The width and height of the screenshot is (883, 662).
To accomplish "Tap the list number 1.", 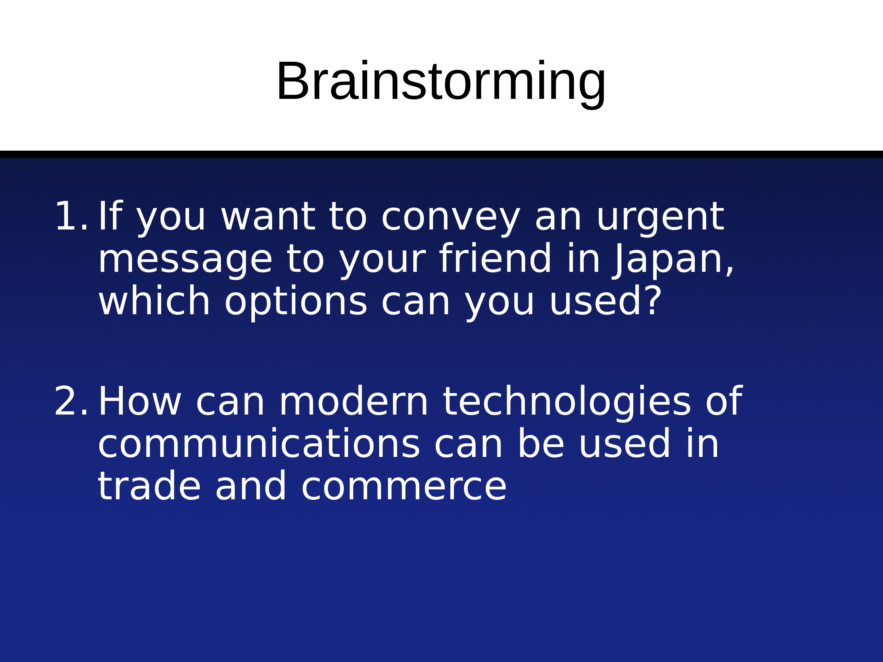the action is click(x=71, y=216).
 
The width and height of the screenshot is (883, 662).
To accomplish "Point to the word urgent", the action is click(x=660, y=219).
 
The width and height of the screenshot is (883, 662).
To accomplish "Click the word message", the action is click(x=185, y=261).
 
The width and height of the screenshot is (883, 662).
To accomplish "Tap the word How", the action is click(x=140, y=401).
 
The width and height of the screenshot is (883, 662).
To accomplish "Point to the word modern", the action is click(x=354, y=401).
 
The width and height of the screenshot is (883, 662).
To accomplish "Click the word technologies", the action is click(x=567, y=403).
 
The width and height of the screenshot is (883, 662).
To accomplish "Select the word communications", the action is click(x=259, y=444).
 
